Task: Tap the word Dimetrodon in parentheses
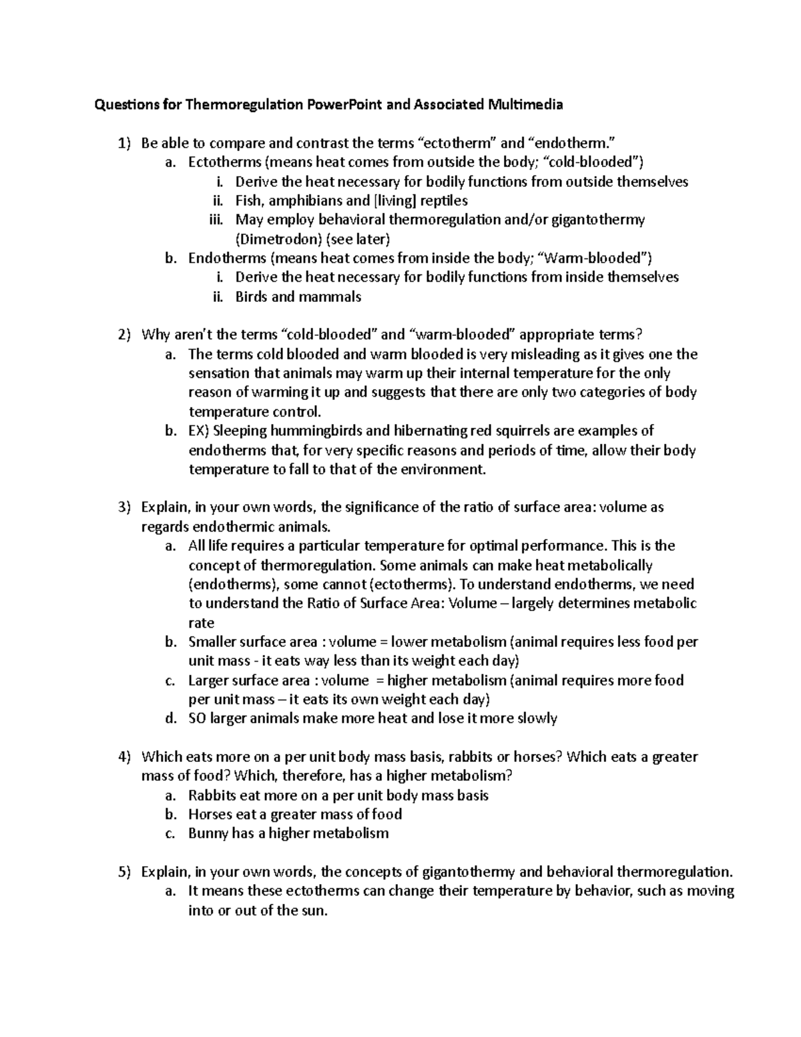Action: (x=270, y=239)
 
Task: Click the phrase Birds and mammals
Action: (x=298, y=296)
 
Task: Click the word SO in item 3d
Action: (x=198, y=718)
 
